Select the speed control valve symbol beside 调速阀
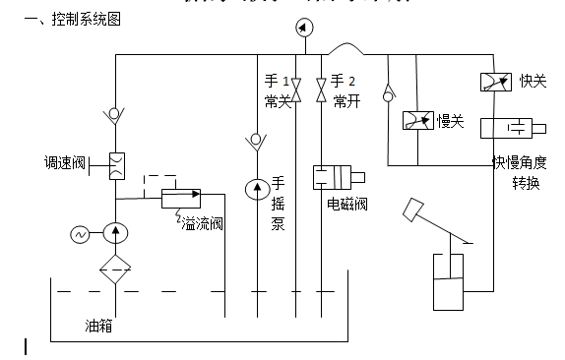[116, 162]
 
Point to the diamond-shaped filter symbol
[116, 269]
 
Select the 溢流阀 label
[202, 224]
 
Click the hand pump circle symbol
[256, 187]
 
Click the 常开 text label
[346, 101]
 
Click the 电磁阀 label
[347, 205]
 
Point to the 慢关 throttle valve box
[418, 121]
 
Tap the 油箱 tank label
[98, 326]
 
